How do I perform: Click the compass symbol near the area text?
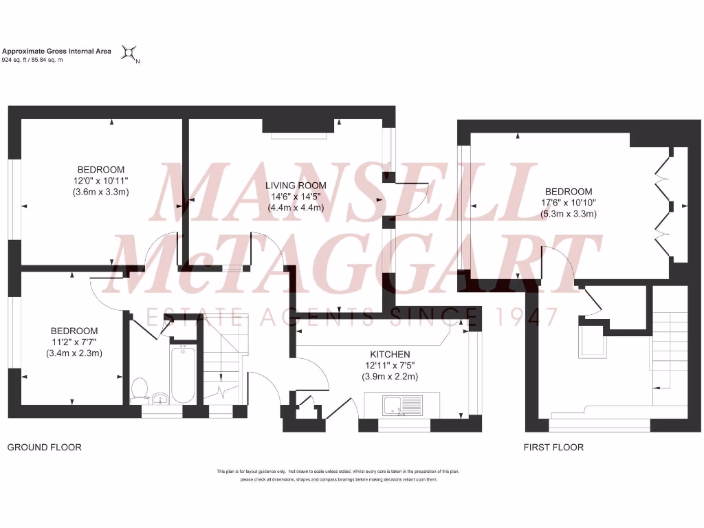coord(129,53)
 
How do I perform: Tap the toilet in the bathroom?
coord(140,388)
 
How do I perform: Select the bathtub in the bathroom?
coord(183,375)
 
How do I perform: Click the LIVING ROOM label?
coord(296,186)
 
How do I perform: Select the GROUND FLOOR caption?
coord(44,448)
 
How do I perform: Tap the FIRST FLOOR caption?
coord(553,448)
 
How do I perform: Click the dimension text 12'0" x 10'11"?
coord(101,181)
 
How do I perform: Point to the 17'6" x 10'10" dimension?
coord(569,203)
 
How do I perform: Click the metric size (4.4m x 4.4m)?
coord(296,208)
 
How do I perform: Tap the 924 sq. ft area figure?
coord(15,60)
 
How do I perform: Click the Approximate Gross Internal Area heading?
coord(57,51)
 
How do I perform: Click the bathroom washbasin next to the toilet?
coord(160,397)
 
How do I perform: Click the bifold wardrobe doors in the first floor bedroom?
coord(663,206)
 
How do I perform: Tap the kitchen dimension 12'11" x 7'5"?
coord(390,365)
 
